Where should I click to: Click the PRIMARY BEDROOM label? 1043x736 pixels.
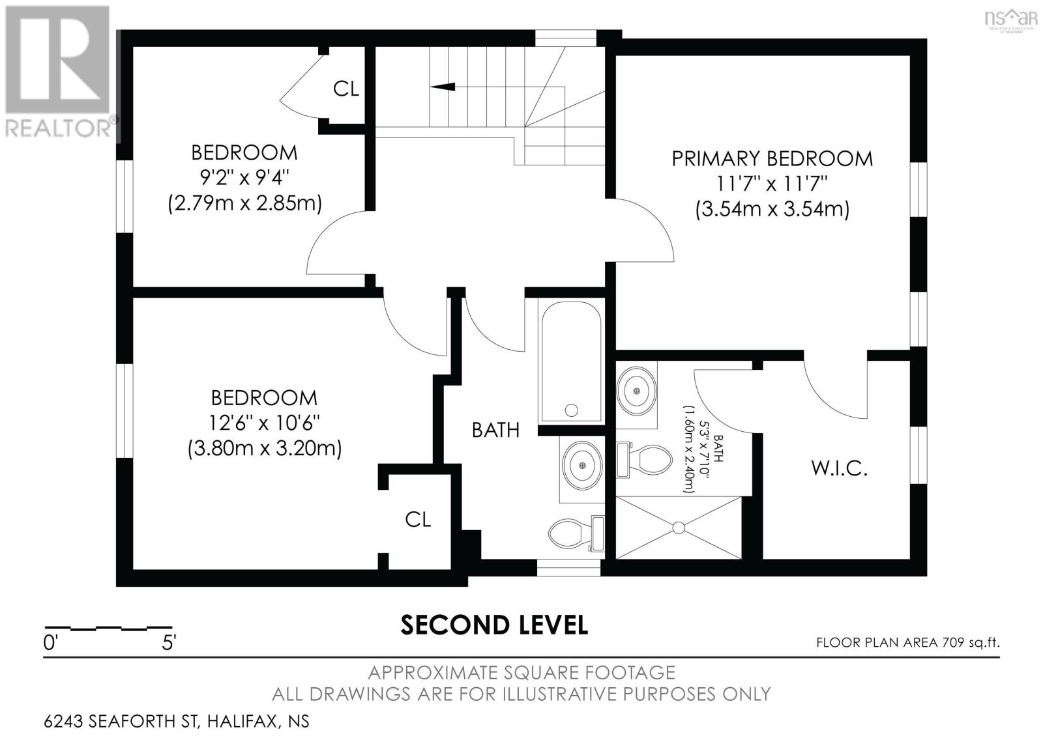(772, 159)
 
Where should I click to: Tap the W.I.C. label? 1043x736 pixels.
(840, 468)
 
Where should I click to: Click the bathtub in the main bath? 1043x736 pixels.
(571, 361)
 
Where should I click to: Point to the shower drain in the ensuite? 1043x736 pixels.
(679, 528)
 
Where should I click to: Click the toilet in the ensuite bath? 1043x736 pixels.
(645, 460)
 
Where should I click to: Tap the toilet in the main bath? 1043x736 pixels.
(576, 533)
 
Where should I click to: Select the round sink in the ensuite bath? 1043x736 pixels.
(636, 391)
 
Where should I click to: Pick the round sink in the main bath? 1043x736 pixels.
(582, 465)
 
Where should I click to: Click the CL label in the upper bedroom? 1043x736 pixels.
(346, 89)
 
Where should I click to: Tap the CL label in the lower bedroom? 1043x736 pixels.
(418, 519)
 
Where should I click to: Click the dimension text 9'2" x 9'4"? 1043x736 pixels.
(244, 177)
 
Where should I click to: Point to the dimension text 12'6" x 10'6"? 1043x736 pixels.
(264, 423)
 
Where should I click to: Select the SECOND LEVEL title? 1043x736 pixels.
(494, 625)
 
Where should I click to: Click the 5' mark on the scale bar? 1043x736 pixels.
(169, 642)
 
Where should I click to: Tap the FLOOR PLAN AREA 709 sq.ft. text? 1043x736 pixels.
(908, 642)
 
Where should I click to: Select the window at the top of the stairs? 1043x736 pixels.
(566, 38)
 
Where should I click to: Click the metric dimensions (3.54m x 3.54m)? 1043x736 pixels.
(772, 209)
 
